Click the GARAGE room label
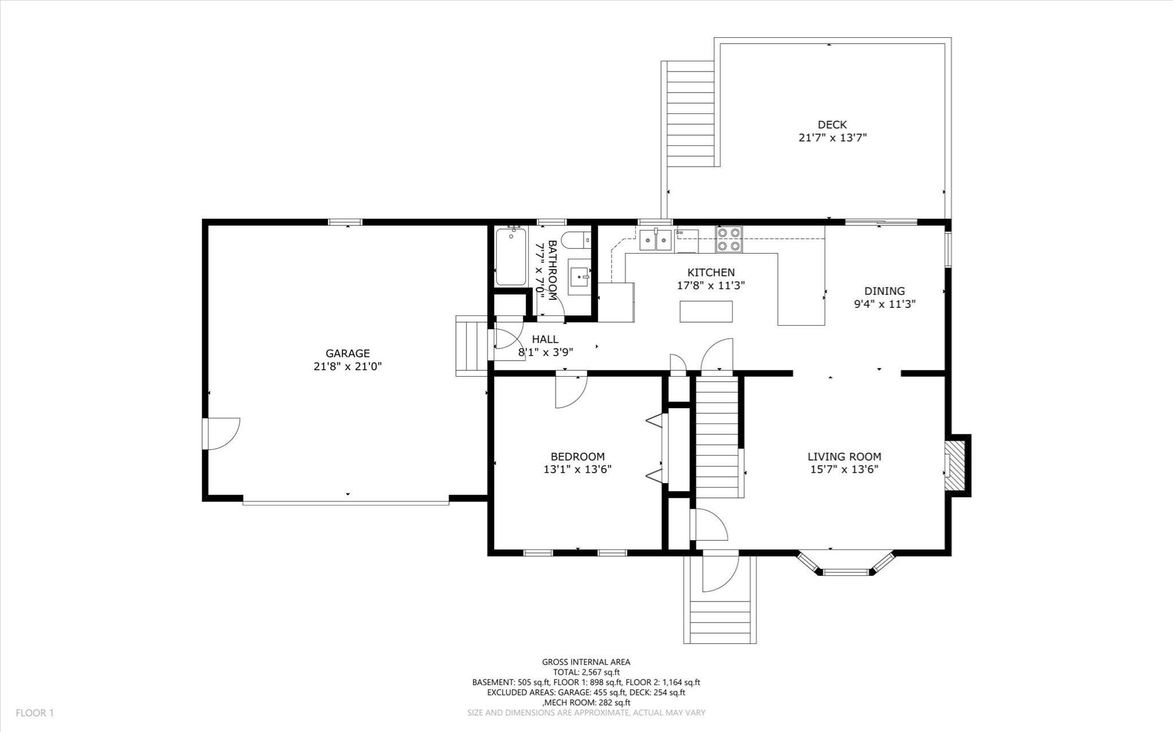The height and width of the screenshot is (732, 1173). [347, 354]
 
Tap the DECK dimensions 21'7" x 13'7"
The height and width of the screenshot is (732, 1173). [832, 138]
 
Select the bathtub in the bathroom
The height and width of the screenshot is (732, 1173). [510, 256]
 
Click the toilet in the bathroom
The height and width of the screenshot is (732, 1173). [574, 240]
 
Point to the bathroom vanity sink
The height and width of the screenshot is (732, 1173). [579, 277]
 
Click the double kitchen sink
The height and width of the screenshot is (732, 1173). [656, 240]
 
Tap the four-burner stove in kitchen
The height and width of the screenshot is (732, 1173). [729, 239]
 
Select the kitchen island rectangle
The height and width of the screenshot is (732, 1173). [706, 311]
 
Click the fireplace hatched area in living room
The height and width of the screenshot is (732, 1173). [955, 464]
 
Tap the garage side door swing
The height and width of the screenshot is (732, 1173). [222, 433]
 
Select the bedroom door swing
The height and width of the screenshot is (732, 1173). [570, 393]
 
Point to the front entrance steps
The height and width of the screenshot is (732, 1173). [720, 621]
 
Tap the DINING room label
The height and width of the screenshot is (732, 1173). [884, 291]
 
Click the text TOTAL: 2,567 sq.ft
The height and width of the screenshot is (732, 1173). [586, 672]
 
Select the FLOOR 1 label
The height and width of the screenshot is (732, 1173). [34, 713]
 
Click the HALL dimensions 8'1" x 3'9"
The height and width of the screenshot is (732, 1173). [545, 353]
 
